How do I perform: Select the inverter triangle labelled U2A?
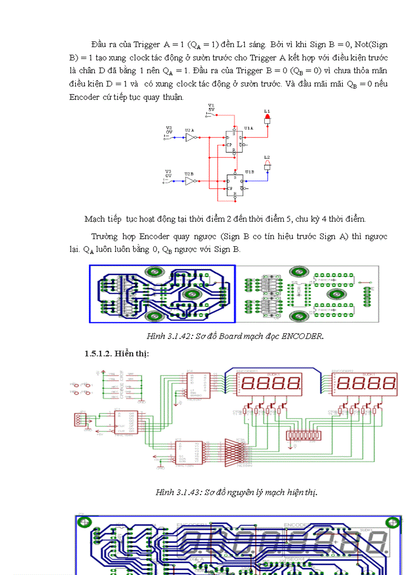coord(191,138)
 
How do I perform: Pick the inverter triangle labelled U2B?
coord(191,182)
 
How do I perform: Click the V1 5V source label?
coord(211,108)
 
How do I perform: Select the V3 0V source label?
coord(169,174)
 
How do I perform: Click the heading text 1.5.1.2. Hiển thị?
coord(116,354)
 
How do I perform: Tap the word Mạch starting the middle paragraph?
coord(95,219)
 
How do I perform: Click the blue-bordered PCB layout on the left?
coord(162,294)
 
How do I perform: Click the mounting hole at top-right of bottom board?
coord(393,523)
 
